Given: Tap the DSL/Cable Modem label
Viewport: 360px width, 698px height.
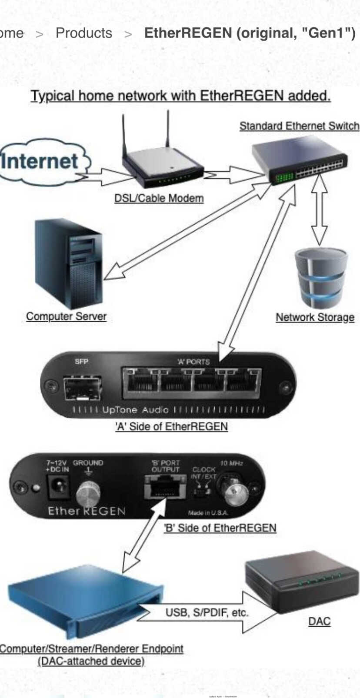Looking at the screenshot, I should click(x=159, y=198).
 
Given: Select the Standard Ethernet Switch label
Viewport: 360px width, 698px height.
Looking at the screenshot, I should click(x=299, y=126).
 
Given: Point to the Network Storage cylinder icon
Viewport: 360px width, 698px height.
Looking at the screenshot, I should click(x=321, y=278).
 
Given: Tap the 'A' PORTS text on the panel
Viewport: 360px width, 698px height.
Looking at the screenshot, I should click(x=193, y=361).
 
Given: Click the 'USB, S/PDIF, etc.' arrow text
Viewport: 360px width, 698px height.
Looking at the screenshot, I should click(x=207, y=613).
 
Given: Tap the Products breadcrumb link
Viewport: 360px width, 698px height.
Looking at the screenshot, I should click(x=84, y=33).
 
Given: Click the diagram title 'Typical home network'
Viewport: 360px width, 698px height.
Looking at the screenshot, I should click(x=180, y=96).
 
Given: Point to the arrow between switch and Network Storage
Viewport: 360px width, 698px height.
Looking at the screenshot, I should click(x=320, y=210).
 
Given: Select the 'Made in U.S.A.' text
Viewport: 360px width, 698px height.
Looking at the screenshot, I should click(x=208, y=513).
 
